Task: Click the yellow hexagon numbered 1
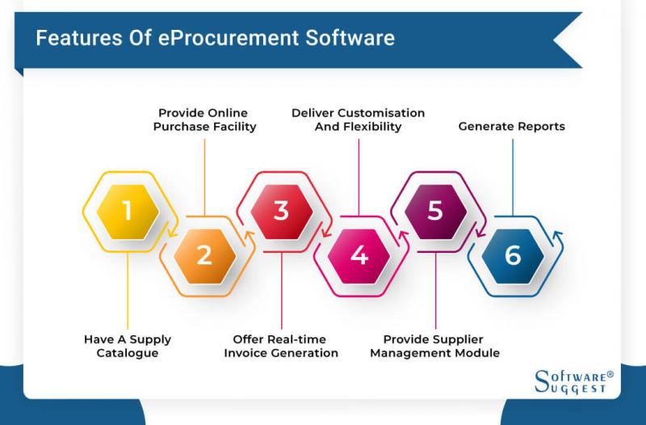(x=127, y=211)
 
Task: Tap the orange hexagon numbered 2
(x=204, y=256)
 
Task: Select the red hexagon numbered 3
(x=281, y=211)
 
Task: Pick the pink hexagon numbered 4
(x=359, y=256)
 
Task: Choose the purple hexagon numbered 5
(x=435, y=211)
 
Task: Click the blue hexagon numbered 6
(x=513, y=256)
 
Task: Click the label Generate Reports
(x=511, y=127)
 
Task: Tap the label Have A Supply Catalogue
(x=128, y=346)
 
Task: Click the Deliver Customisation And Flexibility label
(x=358, y=120)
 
